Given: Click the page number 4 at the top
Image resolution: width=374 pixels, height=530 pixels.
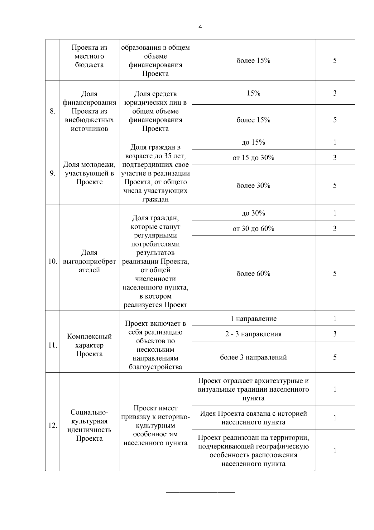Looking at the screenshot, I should tap(200, 27).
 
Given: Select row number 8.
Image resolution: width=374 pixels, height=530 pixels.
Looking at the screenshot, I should tap(53, 111).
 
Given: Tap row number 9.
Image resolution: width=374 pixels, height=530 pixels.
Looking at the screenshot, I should tap(53, 173).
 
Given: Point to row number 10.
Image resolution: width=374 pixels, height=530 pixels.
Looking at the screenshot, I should tap(53, 261).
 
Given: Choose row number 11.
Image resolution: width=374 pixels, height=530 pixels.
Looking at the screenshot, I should tap(53, 345).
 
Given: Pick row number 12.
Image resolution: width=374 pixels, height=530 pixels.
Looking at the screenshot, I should tap(53, 425).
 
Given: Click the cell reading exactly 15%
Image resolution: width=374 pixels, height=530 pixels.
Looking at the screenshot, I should tap(253, 93).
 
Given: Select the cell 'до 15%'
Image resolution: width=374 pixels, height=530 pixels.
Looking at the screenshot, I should tap(253, 142).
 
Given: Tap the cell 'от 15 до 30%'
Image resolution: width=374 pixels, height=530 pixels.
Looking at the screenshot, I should tap(253, 158).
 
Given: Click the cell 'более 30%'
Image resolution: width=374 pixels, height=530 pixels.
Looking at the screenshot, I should tap(253, 186).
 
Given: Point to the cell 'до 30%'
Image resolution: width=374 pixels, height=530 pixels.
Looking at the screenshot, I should tap(253, 213).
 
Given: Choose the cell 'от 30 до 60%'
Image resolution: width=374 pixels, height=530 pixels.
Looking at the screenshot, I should tap(253, 229).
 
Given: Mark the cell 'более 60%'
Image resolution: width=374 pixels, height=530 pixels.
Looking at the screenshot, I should tap(253, 274).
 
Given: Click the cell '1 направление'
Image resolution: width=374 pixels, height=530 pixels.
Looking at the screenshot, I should tap(253, 319).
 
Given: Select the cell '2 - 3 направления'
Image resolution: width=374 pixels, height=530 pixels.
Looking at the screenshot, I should tap(253, 334).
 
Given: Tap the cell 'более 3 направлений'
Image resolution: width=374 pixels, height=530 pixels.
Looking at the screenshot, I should tap(253, 357).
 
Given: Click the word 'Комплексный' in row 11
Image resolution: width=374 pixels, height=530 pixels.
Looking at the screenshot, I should tap(89, 337).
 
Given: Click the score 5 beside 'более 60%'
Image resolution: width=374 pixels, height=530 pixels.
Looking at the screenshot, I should tap(335, 274).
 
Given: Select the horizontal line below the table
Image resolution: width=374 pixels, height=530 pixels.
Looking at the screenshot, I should tap(200, 493).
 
